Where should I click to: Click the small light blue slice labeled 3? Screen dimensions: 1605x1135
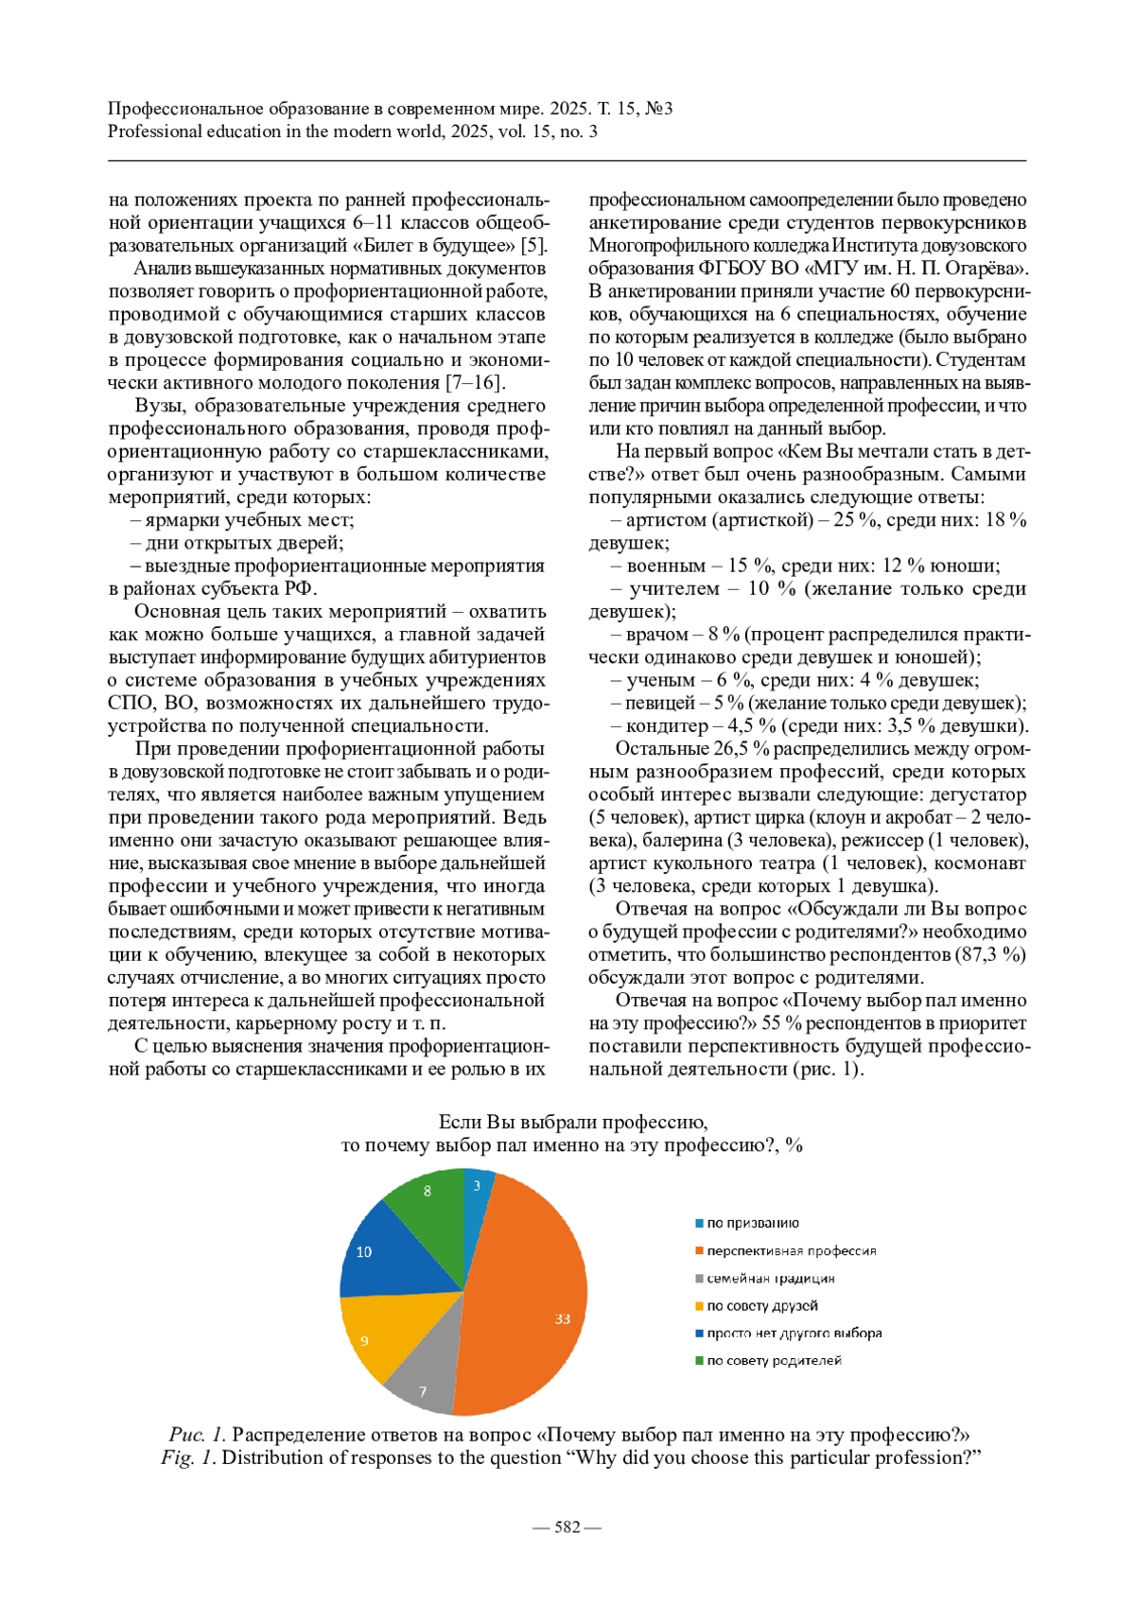point(478,1187)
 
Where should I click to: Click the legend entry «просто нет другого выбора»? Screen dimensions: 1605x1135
point(794,1333)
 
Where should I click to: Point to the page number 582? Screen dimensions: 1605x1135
point(567,1527)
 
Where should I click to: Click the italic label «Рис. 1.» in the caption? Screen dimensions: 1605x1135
point(198,1435)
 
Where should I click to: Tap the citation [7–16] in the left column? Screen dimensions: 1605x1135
point(476,382)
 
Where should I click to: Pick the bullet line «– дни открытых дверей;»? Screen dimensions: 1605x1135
point(236,542)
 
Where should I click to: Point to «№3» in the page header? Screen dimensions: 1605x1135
point(658,108)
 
